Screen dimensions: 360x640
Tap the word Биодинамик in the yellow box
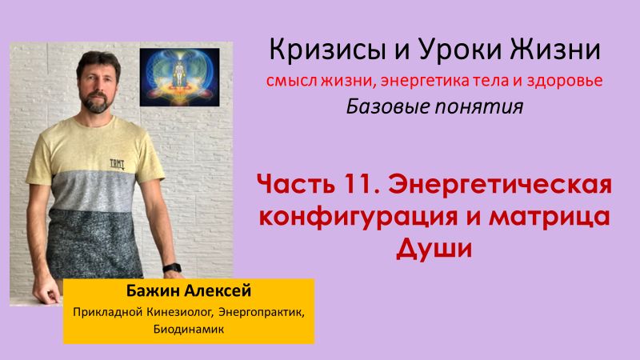[103, 327]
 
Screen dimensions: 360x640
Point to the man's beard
[95, 102]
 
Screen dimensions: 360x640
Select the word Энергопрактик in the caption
[258, 310]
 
